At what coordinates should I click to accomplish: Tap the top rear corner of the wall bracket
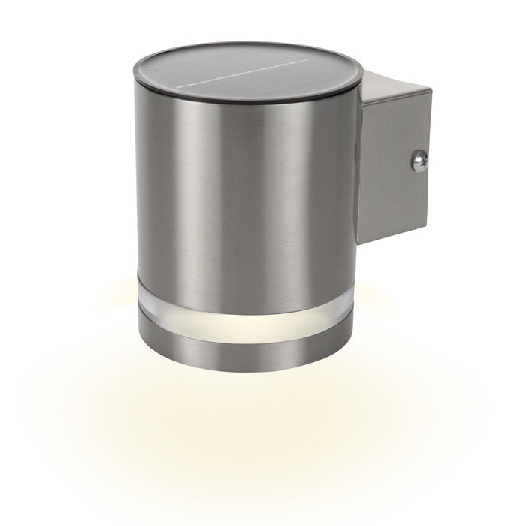pos(431,89)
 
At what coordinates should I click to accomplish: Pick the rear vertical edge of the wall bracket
pos(431,158)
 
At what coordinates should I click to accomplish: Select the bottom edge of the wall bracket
pos(394,235)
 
